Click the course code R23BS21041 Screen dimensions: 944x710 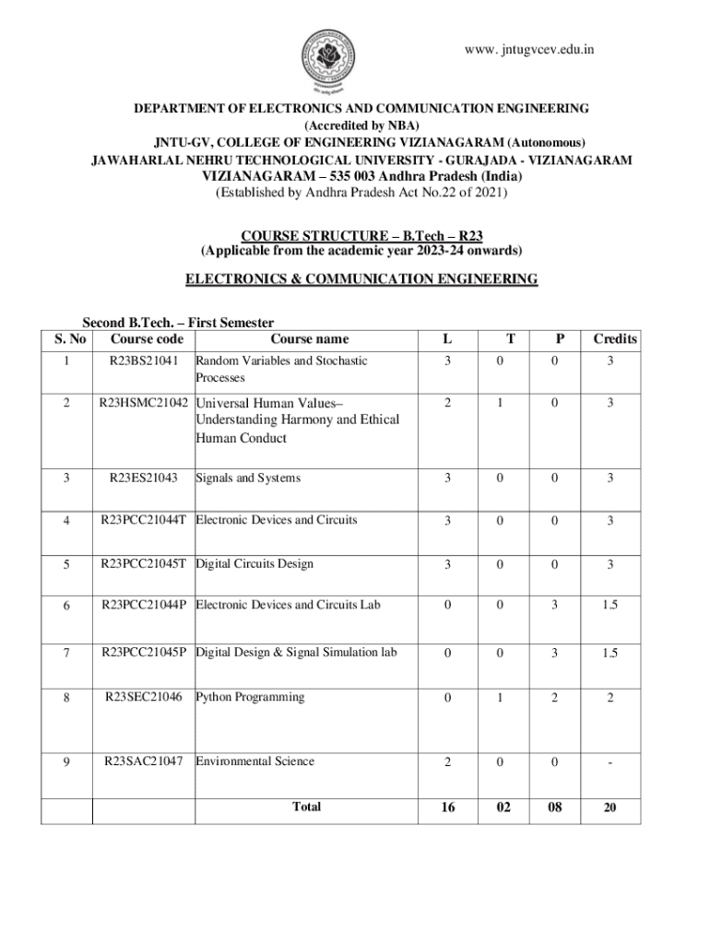coord(143,361)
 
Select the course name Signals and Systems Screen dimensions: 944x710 coord(248,478)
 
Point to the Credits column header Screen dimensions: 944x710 coord(615,339)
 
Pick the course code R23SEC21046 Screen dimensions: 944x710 coord(143,697)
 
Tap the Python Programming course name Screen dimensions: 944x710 coord(250,697)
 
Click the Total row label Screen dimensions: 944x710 coord(306,807)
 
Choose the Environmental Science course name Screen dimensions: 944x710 coord(254,761)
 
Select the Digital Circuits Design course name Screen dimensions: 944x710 coord(254,564)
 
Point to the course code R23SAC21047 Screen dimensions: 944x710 coord(143,761)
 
